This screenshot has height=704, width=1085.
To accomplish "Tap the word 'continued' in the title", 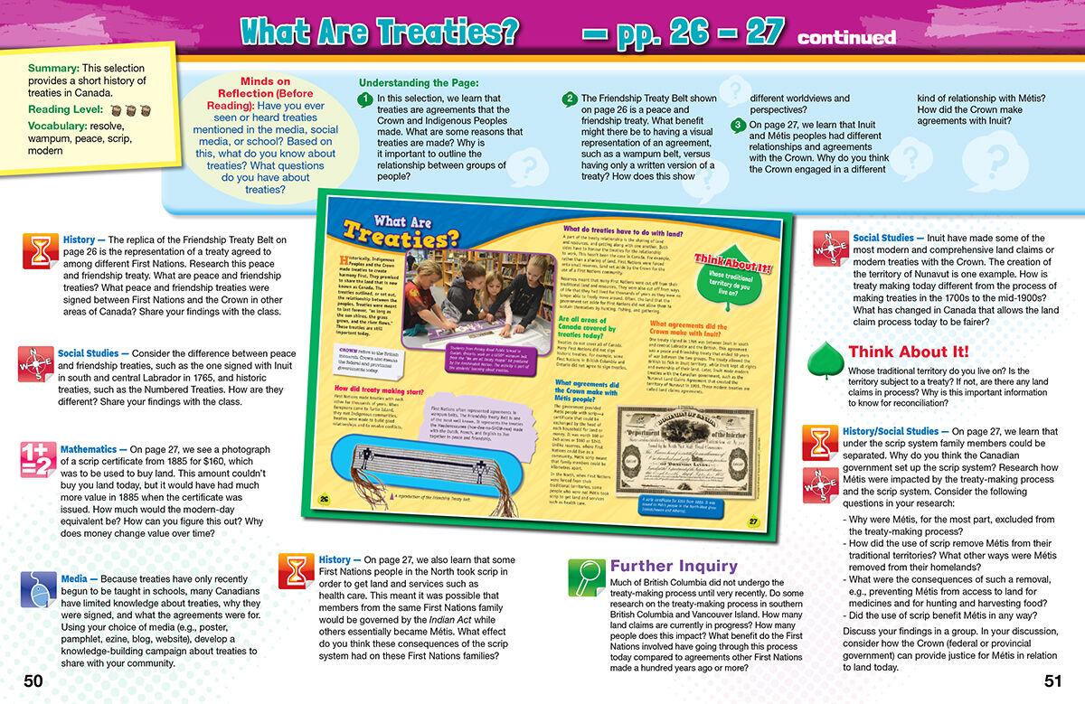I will [846, 38].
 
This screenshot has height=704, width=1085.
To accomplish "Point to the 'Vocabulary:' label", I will [62, 126].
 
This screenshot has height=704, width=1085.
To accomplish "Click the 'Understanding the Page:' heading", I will [415, 82].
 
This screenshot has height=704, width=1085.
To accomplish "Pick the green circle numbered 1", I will [364, 99].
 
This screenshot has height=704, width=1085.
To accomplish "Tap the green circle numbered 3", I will [739, 125].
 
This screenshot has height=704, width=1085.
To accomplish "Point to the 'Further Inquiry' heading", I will [675, 566].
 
